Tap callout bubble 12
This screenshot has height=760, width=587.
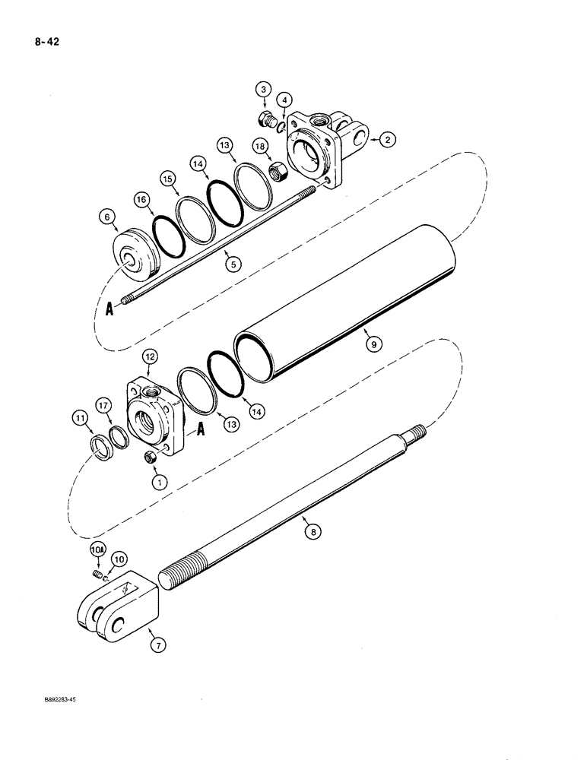(149, 356)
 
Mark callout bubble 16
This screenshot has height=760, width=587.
(141, 200)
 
